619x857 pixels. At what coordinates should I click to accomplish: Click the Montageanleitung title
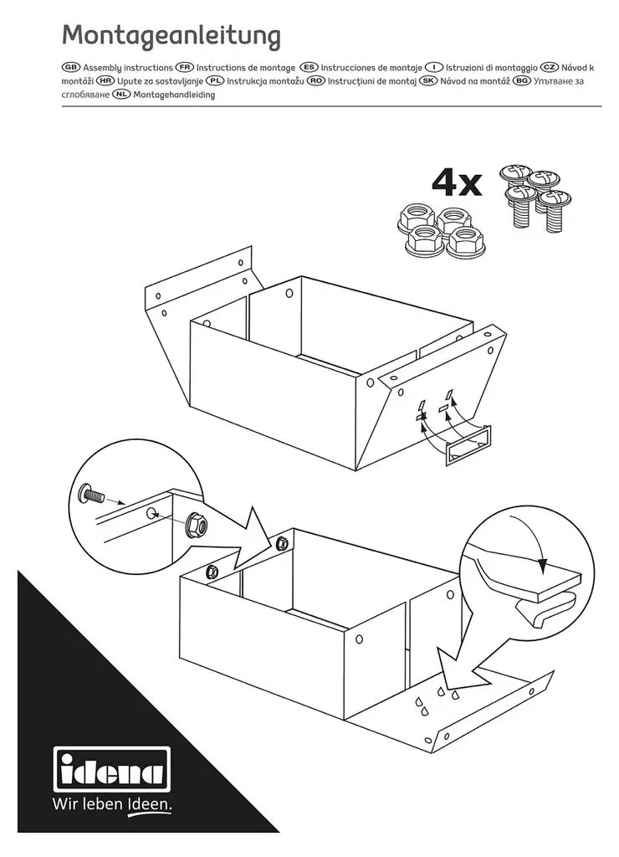tap(171, 35)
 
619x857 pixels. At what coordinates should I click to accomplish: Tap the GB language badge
tap(71, 67)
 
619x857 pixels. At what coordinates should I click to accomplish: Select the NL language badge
tap(121, 95)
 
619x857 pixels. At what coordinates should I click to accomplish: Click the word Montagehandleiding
tap(174, 95)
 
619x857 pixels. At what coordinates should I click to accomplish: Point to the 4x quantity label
tap(457, 183)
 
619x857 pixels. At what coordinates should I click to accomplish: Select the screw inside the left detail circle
tap(91, 494)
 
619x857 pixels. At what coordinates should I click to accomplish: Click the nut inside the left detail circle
tap(196, 526)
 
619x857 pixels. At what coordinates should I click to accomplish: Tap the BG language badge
tap(522, 81)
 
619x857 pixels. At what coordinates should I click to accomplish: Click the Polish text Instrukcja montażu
tap(265, 81)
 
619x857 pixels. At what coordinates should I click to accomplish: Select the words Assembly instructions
tap(128, 67)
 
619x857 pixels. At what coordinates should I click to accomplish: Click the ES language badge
tap(309, 67)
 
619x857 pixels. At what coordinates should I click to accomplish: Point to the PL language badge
tap(215, 81)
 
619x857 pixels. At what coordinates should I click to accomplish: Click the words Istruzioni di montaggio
tap(492, 67)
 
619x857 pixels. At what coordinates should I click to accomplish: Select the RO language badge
tap(316, 81)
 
